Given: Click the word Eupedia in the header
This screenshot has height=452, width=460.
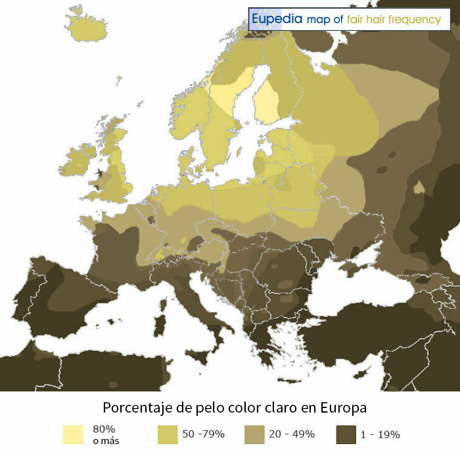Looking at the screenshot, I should coord(277,20).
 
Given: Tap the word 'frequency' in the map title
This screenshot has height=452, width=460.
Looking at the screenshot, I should coord(415,20).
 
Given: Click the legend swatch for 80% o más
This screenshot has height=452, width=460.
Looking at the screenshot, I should coord(73,434).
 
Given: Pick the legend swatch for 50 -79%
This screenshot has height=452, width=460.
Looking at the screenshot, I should coord(168,434).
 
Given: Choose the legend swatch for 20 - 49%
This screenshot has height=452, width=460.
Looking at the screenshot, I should coord(254,434).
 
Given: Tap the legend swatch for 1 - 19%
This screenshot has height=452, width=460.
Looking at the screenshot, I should coord(346,434).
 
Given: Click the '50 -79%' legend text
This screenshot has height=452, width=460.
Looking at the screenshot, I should coord(204,434).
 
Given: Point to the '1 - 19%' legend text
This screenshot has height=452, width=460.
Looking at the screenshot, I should coord(380,434).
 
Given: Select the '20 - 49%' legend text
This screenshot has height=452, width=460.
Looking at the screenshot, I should coord(292,434).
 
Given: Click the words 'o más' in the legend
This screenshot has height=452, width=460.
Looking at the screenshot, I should coord(106,440).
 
